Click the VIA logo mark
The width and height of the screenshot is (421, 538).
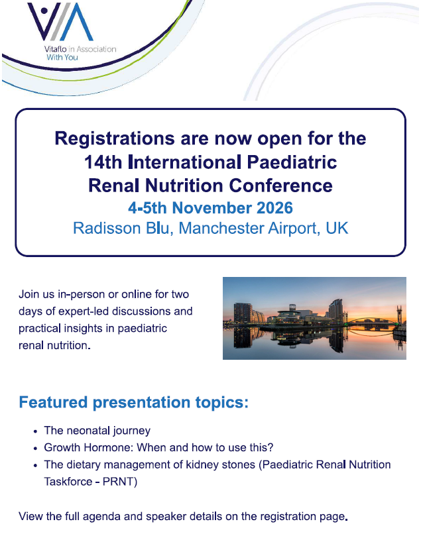pos(60,22)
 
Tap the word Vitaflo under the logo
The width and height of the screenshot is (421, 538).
pos(55,49)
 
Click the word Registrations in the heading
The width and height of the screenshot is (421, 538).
pos(115,139)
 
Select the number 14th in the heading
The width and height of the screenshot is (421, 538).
pos(103,162)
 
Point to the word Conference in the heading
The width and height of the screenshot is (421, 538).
pos(280,186)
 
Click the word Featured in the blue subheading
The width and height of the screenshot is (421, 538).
pos(53,402)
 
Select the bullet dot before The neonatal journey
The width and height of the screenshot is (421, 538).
pos(35,431)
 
